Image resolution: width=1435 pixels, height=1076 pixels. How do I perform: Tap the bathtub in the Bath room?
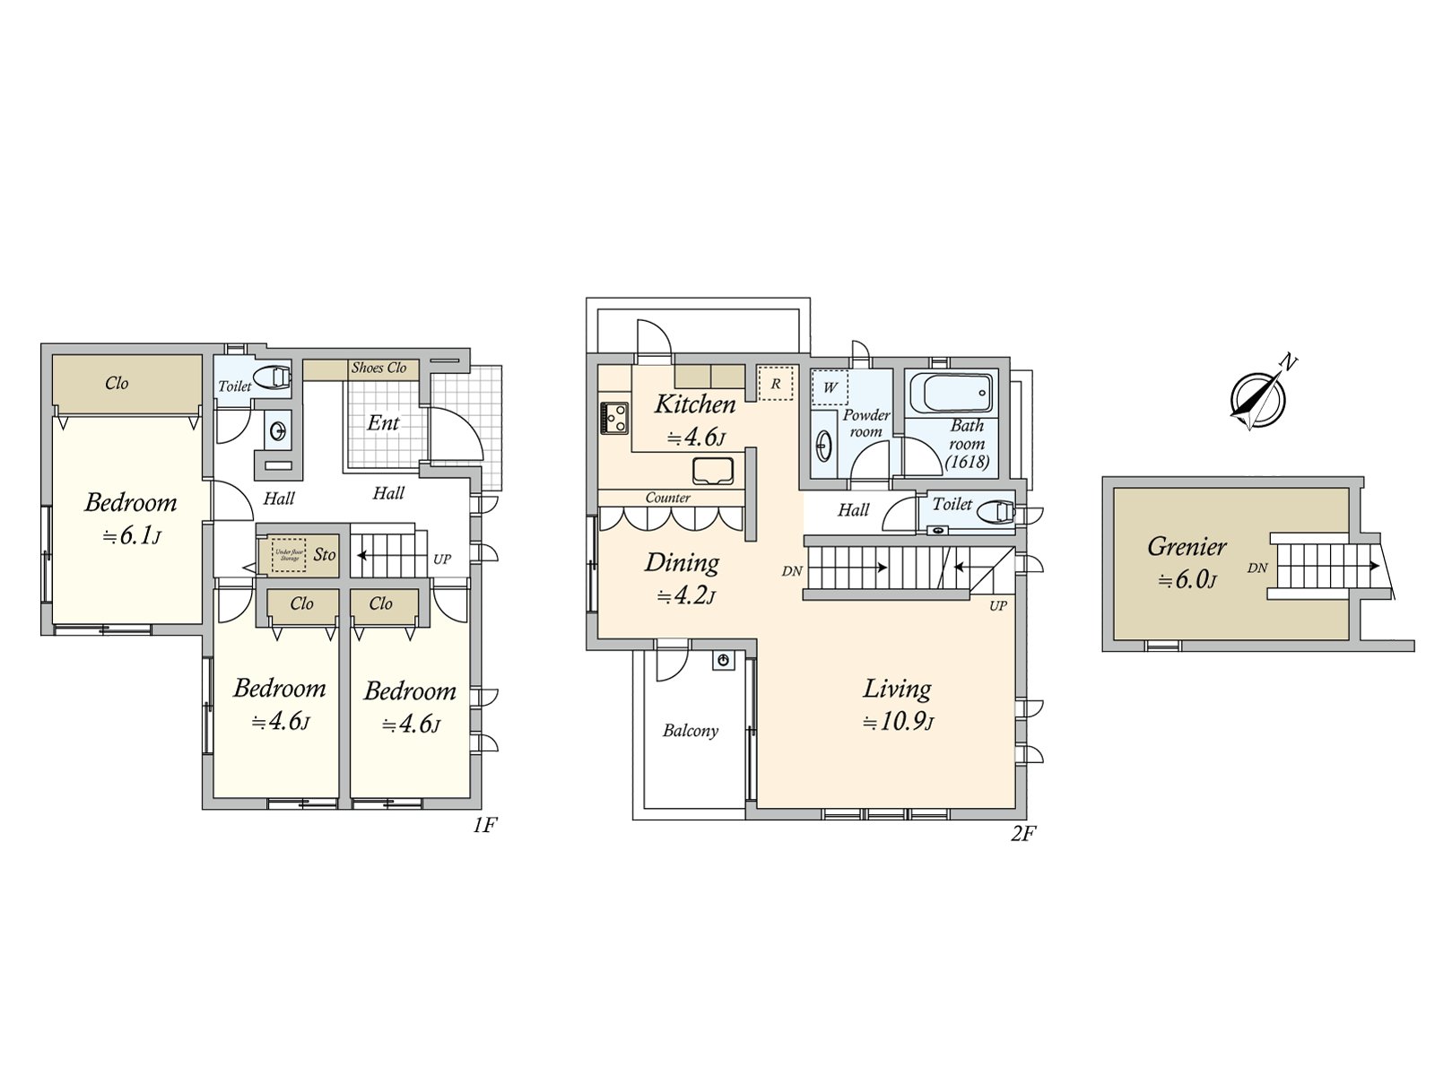pyautogui.click(x=952, y=392)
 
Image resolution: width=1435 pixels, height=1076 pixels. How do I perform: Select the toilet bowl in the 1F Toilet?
pyautogui.click(x=273, y=377)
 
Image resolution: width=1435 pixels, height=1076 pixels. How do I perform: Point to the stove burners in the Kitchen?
pyautogui.click(x=614, y=418)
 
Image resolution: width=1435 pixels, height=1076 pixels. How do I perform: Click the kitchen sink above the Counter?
pyautogui.click(x=713, y=470)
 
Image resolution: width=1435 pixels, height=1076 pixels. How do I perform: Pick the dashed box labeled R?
pyautogui.click(x=775, y=383)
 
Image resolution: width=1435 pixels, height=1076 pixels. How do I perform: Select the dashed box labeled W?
pyautogui.click(x=830, y=387)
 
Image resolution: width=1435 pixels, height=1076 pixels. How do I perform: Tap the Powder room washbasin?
pyautogui.click(x=823, y=446)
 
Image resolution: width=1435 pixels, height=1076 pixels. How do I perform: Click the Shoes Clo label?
pyautogui.click(x=378, y=368)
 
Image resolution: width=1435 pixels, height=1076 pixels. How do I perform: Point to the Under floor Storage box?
pyautogui.click(x=289, y=555)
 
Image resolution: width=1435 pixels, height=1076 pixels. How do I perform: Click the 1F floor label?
pyautogui.click(x=484, y=825)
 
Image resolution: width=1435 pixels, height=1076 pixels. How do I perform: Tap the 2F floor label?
pyautogui.click(x=1022, y=834)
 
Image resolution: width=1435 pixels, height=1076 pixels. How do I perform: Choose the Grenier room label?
pyautogui.click(x=1187, y=546)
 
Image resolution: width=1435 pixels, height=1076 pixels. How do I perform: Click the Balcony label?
pyautogui.click(x=691, y=731)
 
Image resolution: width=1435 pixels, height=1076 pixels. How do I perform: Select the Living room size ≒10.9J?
pyautogui.click(x=898, y=722)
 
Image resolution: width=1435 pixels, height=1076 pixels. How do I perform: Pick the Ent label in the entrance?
pyautogui.click(x=384, y=422)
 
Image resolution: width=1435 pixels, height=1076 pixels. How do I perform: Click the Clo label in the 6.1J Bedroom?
pyautogui.click(x=117, y=383)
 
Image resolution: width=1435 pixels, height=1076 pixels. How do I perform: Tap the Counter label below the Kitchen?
pyautogui.click(x=668, y=498)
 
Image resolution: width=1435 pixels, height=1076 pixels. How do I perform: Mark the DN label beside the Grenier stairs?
pyautogui.click(x=1257, y=568)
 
